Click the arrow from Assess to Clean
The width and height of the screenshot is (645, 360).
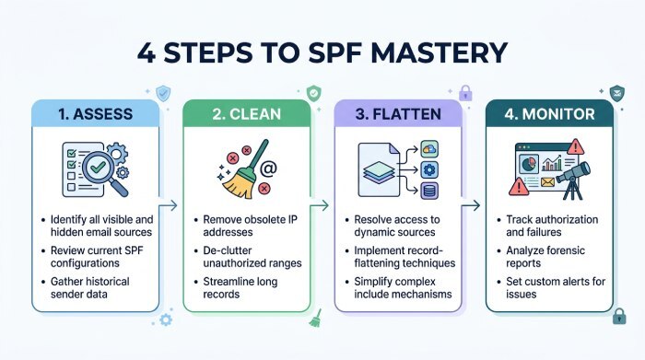click(x=171, y=208)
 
